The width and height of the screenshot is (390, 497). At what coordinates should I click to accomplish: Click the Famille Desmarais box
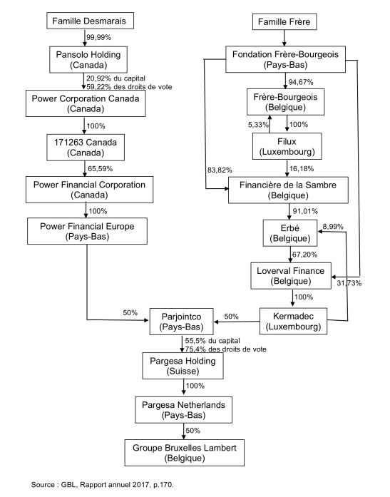pos(86,22)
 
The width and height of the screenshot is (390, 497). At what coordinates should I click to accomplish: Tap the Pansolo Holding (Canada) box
pos(86,59)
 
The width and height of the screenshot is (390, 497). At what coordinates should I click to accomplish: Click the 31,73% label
pos(349,284)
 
